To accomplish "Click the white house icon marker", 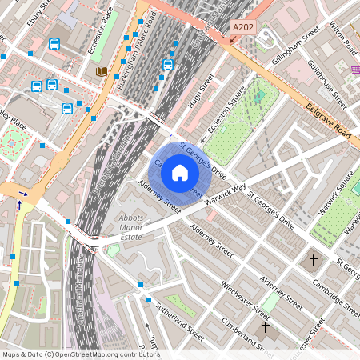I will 180,172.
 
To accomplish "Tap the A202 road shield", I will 242,27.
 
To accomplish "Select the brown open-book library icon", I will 101,72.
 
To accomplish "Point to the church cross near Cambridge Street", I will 314,260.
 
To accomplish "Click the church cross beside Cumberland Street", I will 266,327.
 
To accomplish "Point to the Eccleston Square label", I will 225,118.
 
